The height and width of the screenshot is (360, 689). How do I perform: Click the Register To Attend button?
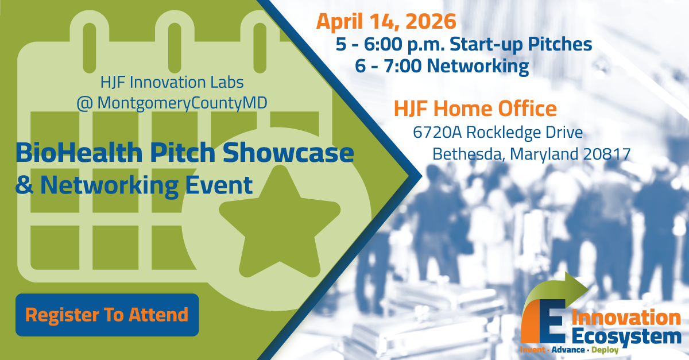click(107, 315)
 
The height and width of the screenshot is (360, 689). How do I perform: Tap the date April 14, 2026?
click(386, 21)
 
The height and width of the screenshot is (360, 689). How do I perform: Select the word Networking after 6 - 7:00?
click(478, 66)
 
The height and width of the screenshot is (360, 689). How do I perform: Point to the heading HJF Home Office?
click(474, 108)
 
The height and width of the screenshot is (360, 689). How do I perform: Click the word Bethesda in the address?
click(466, 154)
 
